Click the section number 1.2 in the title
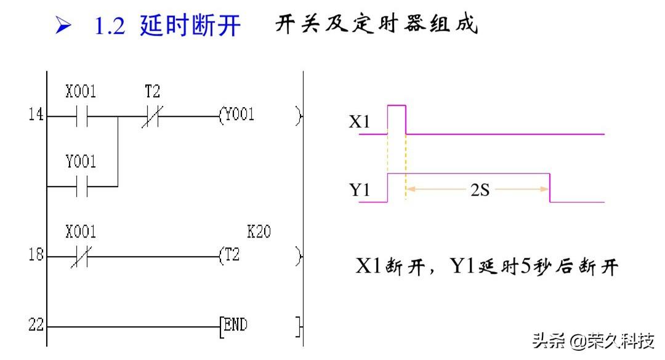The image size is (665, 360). tap(110, 26)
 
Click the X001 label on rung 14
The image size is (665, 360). tap(81, 92)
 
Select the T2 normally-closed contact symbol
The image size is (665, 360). tap(150, 116)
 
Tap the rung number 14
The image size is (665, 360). tap(36, 115)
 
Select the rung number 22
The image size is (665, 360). tap(36, 325)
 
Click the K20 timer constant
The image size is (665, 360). tap(259, 232)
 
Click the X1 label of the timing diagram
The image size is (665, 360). tap(359, 122)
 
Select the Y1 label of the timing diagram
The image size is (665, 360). tap(360, 190)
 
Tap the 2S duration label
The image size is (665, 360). tap(480, 190)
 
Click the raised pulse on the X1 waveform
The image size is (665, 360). tap(397, 107)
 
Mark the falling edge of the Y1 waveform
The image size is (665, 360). tap(549, 188)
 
